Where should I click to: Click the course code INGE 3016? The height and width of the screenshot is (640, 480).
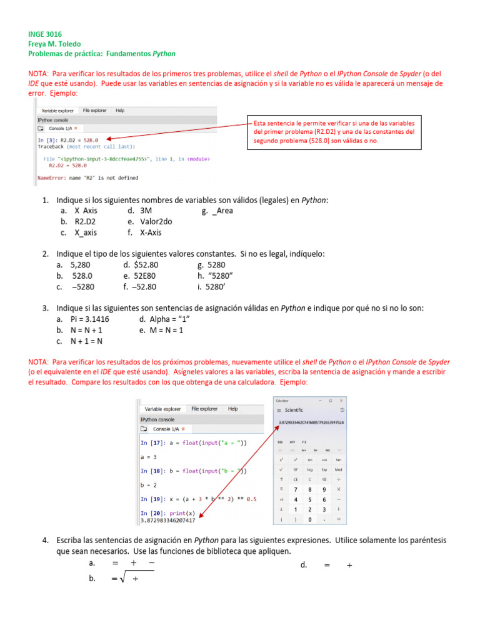[45, 34]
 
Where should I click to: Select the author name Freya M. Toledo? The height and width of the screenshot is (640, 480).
[57, 44]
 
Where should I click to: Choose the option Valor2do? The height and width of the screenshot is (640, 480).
[156, 221]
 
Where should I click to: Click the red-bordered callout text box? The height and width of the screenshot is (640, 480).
[334, 132]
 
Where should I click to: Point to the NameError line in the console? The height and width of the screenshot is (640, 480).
[88, 178]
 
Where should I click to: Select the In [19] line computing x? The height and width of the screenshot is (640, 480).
[198, 498]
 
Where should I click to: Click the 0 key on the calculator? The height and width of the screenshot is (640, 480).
[309, 519]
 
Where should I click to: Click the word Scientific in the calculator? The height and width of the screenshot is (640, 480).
[294, 410]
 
